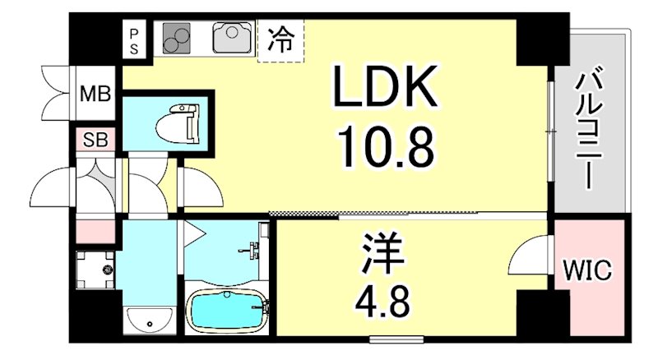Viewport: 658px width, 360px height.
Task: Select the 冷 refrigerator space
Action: coord(280,40)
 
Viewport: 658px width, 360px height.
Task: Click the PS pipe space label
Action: coord(135,40)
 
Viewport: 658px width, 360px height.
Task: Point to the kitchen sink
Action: coord(231,37)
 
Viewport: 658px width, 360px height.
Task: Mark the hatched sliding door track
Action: coord(304,214)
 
